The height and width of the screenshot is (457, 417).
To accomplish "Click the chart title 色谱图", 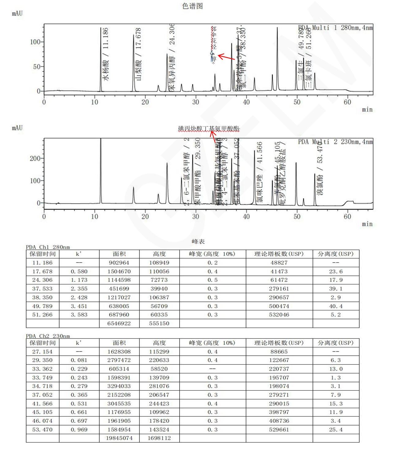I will pos(192,6).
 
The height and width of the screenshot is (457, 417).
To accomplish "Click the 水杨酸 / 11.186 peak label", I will pos(105,54).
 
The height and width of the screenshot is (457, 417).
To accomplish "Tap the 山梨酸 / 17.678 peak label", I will pos(138,54).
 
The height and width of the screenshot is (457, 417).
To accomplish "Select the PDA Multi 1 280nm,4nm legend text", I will pos(335,28).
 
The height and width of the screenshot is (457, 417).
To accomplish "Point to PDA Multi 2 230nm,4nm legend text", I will pos(335,142).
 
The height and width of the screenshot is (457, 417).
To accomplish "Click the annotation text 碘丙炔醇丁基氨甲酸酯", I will pos(209,129).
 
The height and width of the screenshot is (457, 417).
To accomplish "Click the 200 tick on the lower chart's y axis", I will pos(35,159).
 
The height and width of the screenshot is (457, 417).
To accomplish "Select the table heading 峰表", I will pos(198,242).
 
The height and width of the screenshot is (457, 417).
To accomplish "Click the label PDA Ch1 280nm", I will pos(48,247).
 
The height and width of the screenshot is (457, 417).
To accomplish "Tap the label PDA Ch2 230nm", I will pos(48,336).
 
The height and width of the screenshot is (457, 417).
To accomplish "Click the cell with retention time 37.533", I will pos(42,289).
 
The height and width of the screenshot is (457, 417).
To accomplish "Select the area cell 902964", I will pos(119,263).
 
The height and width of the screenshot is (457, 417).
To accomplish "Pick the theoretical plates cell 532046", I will pos(279,315).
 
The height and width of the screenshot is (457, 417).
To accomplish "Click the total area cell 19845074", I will pos(119,438).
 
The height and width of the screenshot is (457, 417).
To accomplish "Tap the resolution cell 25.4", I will pos(335,429).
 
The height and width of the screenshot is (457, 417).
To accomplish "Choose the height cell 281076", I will pos(159,386).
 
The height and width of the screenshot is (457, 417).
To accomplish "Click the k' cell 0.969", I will pos(79,429).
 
